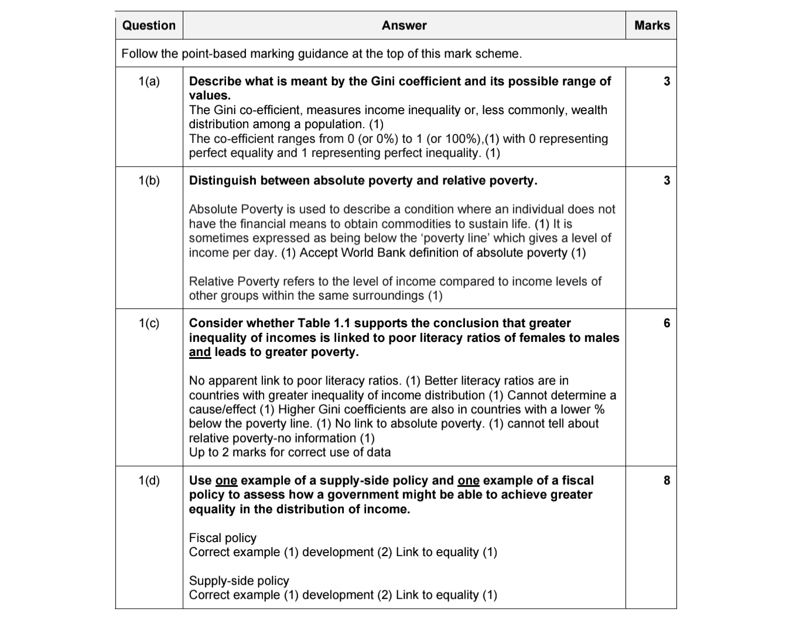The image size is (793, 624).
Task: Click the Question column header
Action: [x=149, y=26]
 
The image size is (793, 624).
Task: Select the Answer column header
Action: [x=404, y=26]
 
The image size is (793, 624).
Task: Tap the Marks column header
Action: [x=651, y=26]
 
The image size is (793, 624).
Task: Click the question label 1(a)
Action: [x=149, y=81]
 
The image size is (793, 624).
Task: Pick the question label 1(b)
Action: [x=149, y=181]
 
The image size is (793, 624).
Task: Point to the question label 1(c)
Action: [x=149, y=323]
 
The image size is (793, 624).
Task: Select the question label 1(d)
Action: [x=149, y=481]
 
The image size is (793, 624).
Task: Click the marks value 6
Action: [x=666, y=323]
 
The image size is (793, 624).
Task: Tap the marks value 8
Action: [x=666, y=481]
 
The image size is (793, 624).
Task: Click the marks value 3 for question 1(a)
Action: [x=666, y=81]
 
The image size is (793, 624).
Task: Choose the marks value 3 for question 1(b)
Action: [x=666, y=181]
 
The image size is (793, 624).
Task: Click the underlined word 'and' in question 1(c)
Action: [x=200, y=352]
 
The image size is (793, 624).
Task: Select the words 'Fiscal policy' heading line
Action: [x=223, y=538]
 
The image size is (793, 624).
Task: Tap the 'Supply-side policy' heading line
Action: [x=239, y=581]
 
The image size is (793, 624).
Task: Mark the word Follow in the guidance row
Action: [x=139, y=54]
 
